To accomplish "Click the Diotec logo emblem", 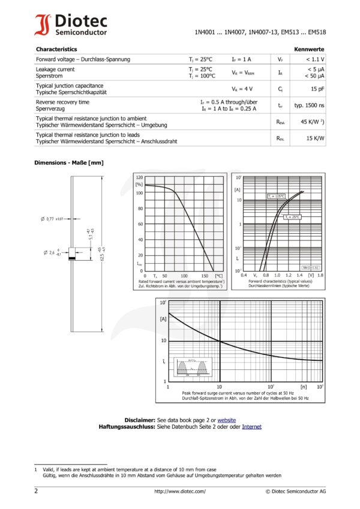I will point(43,25).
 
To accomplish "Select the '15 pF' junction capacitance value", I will point(317,89).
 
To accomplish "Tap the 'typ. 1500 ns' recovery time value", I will point(310,106).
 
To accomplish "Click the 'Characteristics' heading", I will point(56,49).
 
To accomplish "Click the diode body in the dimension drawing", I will point(71,252).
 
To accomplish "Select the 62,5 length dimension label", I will point(103,254).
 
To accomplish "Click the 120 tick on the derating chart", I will point(139,178).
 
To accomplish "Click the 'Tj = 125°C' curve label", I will point(276,197).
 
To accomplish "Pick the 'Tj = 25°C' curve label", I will point(292,217).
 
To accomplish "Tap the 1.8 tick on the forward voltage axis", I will point(321,276).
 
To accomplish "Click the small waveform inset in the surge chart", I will point(193,366).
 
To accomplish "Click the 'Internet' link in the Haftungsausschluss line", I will point(251,426).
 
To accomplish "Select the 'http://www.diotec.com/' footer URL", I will point(179,491).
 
